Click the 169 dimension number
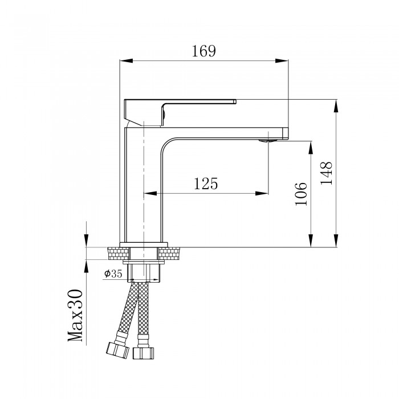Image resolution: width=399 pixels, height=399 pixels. tap(203, 51)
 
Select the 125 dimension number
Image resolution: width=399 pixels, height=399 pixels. tap(206, 184)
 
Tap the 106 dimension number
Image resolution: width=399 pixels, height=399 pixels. tap(301, 194)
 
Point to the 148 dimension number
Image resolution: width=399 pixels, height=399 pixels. tap(326, 173)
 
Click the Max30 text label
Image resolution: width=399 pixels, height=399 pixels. tap(76, 315)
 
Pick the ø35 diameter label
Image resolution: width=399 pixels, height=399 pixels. tap(113, 274)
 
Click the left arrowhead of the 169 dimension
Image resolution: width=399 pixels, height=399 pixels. tap(126, 60)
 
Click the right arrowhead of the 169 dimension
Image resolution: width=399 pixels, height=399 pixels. tap(282, 60)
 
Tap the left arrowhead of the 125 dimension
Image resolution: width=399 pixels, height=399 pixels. tap(150, 193)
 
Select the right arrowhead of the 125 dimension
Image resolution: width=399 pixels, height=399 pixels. tap(262, 193)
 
